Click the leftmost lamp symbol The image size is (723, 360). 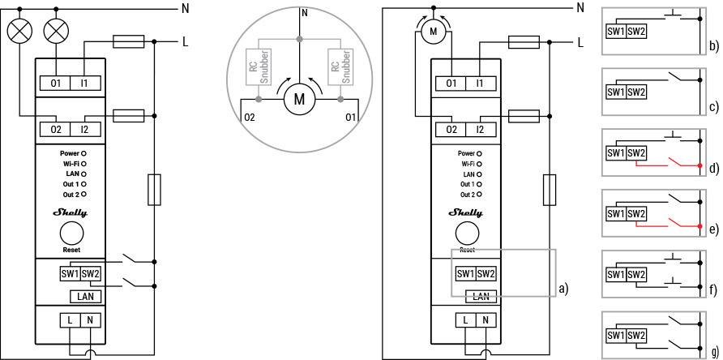tap(18, 31)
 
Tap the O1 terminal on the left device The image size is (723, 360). tap(56, 83)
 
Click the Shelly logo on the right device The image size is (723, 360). tap(466, 213)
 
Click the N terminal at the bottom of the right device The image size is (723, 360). tap(485, 321)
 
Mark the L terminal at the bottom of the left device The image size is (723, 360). tap(71, 321)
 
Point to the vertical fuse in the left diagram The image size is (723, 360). tap(155, 190)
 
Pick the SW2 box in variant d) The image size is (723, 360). tap(636, 153)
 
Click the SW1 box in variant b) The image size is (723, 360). tap(616, 31)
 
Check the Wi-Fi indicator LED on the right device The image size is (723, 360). tap(479, 164)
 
